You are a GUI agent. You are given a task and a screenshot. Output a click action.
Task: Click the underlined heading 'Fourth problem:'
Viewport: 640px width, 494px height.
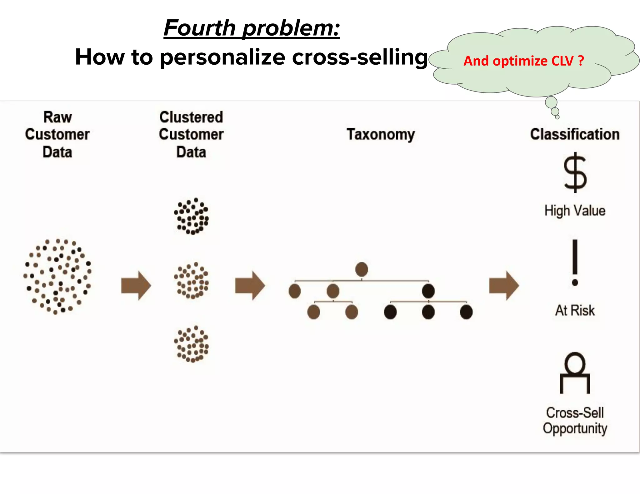pyautogui.click(x=252, y=28)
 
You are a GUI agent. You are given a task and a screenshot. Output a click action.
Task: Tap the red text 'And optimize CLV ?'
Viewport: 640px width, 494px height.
pyautogui.click(x=523, y=61)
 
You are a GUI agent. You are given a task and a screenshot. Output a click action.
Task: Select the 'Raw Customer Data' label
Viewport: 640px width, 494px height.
pyautogui.click(x=57, y=135)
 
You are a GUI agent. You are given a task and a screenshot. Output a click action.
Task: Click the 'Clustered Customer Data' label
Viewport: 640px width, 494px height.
pyautogui.click(x=191, y=135)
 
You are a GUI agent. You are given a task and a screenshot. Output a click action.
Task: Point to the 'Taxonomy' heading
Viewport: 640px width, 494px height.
pyautogui.click(x=381, y=135)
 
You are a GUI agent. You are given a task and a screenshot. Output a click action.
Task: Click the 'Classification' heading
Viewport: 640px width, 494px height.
pyautogui.click(x=575, y=135)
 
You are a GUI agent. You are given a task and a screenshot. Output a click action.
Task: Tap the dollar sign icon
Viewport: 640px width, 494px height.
pyautogui.click(x=575, y=173)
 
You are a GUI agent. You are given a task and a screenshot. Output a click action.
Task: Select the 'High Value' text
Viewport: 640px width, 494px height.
pyautogui.click(x=575, y=211)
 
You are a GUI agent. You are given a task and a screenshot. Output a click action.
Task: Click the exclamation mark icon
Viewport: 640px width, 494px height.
pyautogui.click(x=575, y=262)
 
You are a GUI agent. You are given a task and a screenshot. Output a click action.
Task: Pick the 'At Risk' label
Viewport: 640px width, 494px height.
pyautogui.click(x=575, y=310)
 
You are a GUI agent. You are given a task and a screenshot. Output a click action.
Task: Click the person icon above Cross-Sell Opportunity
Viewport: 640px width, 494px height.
pyautogui.click(x=575, y=373)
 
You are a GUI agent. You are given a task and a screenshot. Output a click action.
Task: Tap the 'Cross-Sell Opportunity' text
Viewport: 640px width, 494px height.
pyautogui.click(x=575, y=420)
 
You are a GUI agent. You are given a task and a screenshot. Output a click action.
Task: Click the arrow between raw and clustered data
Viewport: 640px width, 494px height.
pyautogui.click(x=136, y=286)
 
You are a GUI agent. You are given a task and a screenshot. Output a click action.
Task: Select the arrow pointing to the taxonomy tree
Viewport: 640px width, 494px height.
pyautogui.click(x=250, y=286)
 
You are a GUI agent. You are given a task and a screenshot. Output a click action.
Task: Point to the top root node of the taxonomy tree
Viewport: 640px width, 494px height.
pyautogui.click(x=362, y=269)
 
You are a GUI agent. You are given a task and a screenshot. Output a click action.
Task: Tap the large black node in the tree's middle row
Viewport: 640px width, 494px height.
pyautogui.click(x=428, y=291)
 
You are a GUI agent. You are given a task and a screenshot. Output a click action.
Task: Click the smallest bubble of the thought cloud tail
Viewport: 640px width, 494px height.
pyautogui.click(x=557, y=117)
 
